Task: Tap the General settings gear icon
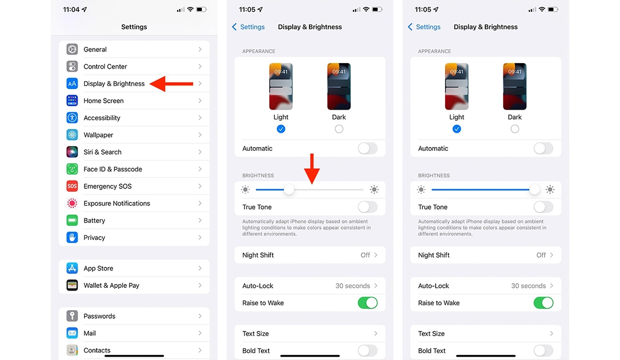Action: coord(72,49)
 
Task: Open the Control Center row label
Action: coord(105,67)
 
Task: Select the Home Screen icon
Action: coord(72,101)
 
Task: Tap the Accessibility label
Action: coord(102,118)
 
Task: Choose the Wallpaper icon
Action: coord(72,135)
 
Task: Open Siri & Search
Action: coord(102,152)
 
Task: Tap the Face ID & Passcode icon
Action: coord(72,169)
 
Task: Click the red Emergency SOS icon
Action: coord(72,186)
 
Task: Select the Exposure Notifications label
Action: coord(117,203)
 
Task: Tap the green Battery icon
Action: coord(72,220)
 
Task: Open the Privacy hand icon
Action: coord(72,238)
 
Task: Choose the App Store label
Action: coord(98,268)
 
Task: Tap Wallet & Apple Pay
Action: coord(111,285)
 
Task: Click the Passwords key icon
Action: coord(72,316)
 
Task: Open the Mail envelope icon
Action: coord(72,333)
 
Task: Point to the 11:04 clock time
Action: coord(71,10)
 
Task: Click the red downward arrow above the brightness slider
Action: coord(313,168)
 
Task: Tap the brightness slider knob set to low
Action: coord(289,190)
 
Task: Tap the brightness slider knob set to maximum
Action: coord(535,190)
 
